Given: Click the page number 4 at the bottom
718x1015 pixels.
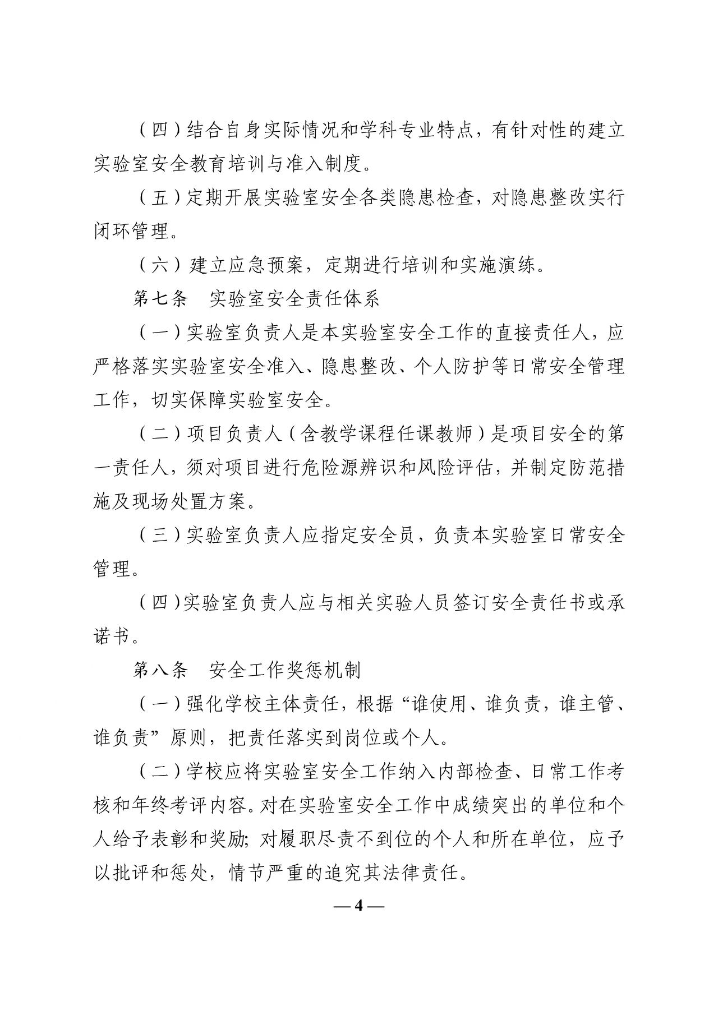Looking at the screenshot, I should tap(360, 906).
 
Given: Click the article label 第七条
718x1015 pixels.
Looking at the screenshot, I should tap(160, 299).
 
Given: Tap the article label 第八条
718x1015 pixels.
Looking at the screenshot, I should tap(160, 670).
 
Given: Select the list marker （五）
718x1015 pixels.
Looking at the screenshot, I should tap(160, 198).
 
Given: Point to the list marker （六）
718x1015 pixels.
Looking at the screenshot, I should tap(160, 265).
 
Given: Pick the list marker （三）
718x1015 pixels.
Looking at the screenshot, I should tap(160, 536).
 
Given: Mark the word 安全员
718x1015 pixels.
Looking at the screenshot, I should tap(387, 536).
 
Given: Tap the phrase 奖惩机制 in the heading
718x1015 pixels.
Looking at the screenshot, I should tap(323, 670).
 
